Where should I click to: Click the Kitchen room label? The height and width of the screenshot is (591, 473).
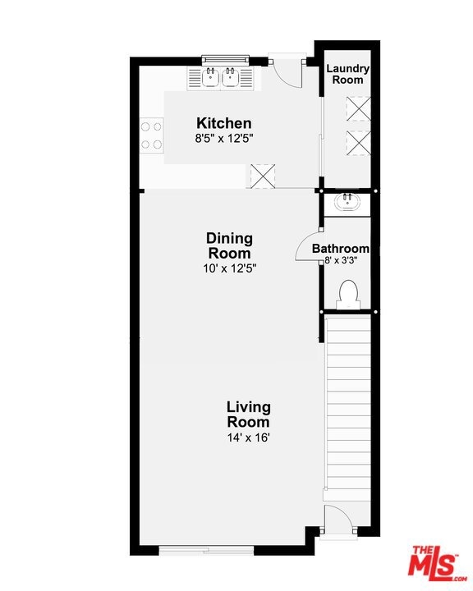tap(223, 123)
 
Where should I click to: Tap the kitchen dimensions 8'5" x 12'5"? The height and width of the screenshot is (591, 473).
tap(223, 139)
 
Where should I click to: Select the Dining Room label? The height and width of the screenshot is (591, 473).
tap(229, 245)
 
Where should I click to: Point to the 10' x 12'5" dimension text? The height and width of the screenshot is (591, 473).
tap(229, 268)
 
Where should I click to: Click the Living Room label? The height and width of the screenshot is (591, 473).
tap(248, 415)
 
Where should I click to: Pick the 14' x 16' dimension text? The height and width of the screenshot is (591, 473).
tap(249, 438)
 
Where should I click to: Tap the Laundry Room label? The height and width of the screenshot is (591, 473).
tap(347, 74)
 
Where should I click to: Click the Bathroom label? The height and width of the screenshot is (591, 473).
tap(340, 249)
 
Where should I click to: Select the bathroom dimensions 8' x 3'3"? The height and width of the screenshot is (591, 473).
tap(341, 260)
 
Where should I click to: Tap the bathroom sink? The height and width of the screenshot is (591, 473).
tap(347, 202)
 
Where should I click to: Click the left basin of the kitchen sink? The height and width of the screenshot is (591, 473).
tap(210, 77)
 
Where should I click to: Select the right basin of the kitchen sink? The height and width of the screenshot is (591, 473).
tap(230, 77)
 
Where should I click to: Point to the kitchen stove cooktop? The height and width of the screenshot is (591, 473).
tap(152, 135)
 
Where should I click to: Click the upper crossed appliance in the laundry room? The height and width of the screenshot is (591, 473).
tap(358, 108)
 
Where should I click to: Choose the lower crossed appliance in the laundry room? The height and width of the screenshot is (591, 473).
tap(358, 143)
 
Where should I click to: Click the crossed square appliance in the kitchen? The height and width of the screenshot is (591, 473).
tap(263, 176)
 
